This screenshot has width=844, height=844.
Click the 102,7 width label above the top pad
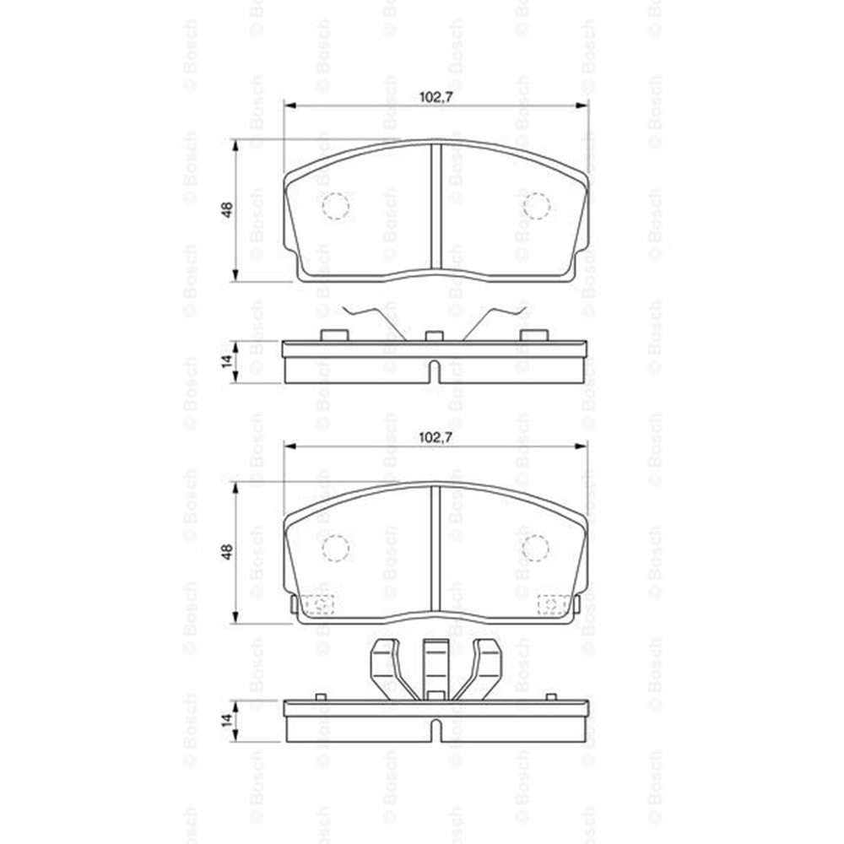pos(436,97)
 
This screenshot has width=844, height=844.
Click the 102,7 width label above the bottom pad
pos(436,437)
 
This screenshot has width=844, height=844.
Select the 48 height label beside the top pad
pos(227,210)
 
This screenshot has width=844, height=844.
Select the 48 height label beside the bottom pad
pos(227,552)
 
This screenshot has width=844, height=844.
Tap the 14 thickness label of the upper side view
pos(227,361)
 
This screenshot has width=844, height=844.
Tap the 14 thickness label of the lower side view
pos(227,720)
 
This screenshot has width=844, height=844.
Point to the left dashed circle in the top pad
pos(335,206)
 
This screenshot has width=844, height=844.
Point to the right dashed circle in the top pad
pos(537,206)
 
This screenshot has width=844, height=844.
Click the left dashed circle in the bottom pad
pos(335,548)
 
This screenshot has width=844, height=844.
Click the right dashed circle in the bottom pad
pos(535,548)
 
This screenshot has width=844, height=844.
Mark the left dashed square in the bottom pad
pos(318,604)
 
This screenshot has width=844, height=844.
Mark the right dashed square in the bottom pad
pos(552,604)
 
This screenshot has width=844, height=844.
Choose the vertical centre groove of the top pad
pos(436,207)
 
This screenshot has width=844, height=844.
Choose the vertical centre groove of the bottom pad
pos(436,549)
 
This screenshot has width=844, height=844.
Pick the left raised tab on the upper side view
pos(334,335)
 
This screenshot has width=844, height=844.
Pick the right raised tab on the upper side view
pos(533,335)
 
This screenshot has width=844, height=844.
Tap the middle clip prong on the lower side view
pos(436,667)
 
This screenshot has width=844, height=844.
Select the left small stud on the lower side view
pos(320,696)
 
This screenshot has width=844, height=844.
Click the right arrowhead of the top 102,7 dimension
pos(582,105)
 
